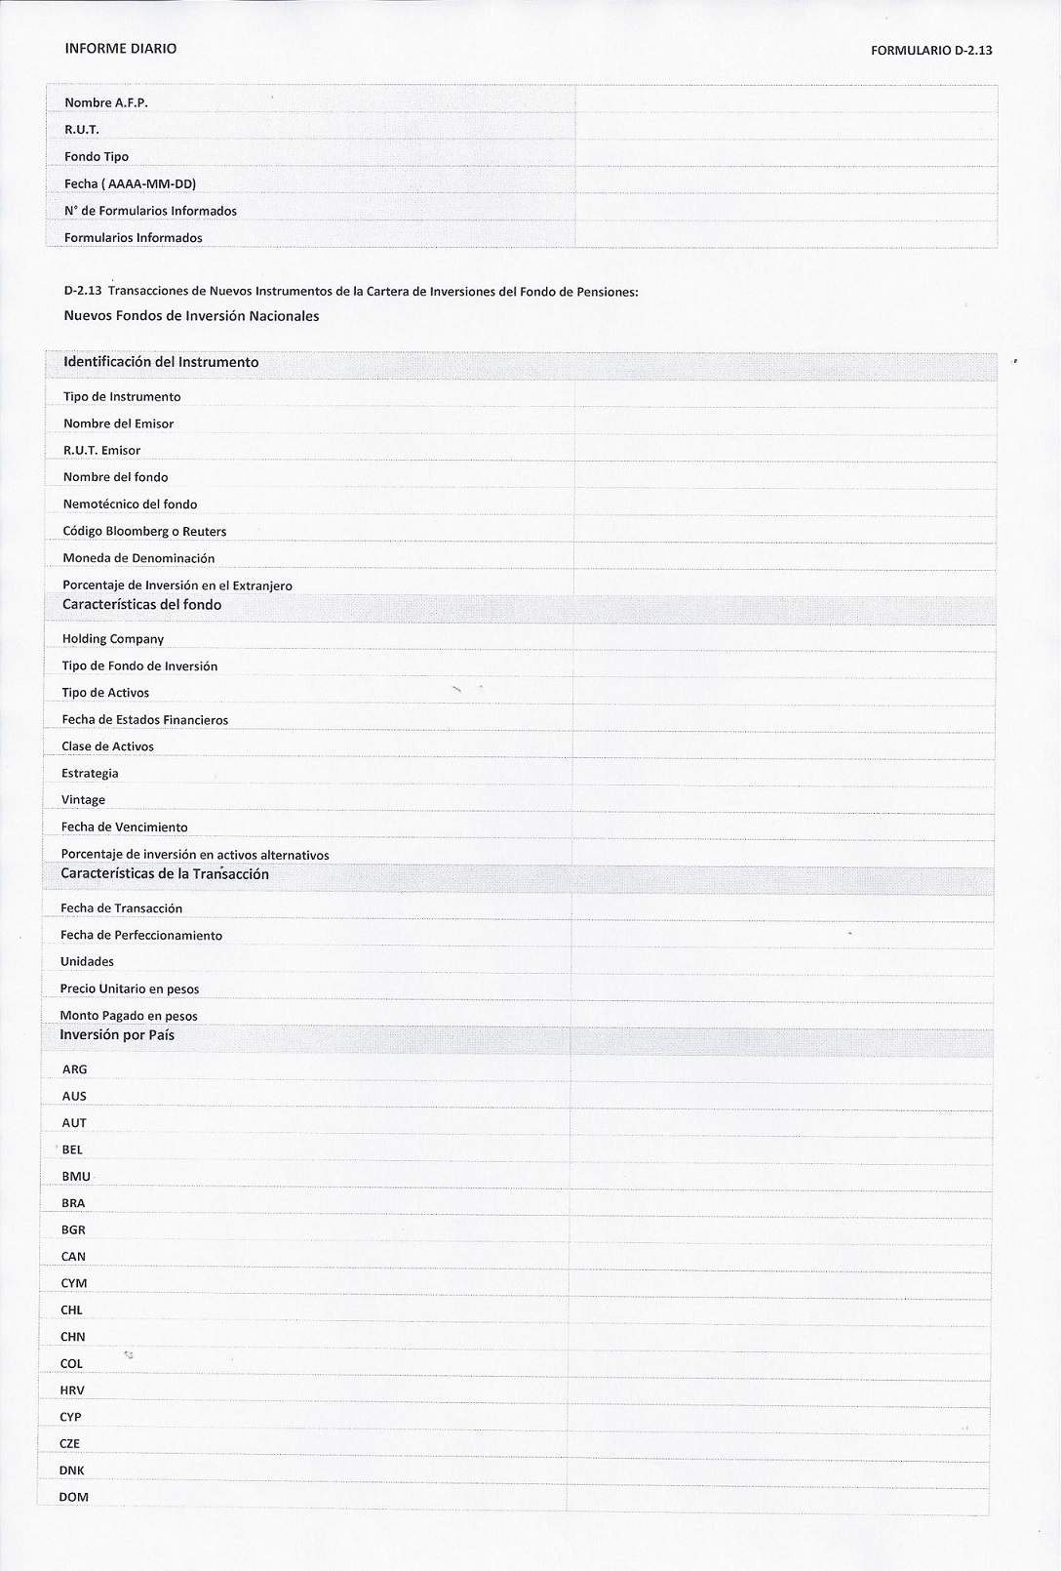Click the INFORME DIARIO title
(x=120, y=48)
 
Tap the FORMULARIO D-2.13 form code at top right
(x=931, y=50)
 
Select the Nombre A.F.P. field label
(x=106, y=102)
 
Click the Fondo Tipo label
(x=97, y=156)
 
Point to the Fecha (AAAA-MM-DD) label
(x=130, y=183)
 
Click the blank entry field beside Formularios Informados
(x=785, y=237)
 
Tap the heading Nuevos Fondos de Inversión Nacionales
(x=191, y=315)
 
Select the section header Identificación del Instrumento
(x=161, y=362)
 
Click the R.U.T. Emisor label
(x=101, y=450)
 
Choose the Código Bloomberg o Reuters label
(x=144, y=531)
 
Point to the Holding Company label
(x=113, y=638)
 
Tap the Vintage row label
(x=83, y=799)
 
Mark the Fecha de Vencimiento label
(x=124, y=826)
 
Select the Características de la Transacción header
(x=165, y=873)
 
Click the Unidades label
(x=87, y=961)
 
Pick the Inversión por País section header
(x=117, y=1034)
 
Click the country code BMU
(x=75, y=1176)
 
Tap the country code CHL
(x=71, y=1309)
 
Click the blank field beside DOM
(x=780, y=1497)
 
